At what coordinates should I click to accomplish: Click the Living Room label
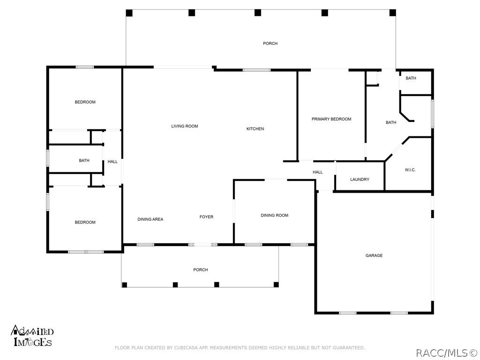click(184, 126)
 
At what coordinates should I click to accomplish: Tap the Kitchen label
click(255, 129)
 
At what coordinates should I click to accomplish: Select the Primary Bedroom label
click(331, 119)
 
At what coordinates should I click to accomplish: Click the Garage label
click(374, 255)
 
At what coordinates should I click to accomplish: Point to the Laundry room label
click(360, 180)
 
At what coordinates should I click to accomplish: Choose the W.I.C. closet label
click(410, 170)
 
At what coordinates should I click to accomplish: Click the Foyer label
click(206, 217)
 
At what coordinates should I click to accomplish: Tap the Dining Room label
click(274, 216)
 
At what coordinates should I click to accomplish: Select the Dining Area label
click(150, 219)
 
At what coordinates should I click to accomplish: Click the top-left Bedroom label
click(85, 102)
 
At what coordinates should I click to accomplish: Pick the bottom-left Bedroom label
click(85, 222)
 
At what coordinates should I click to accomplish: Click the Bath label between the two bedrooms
click(84, 161)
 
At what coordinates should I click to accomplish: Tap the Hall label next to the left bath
click(112, 162)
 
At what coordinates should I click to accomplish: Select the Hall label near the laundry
click(317, 172)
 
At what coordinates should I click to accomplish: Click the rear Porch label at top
click(270, 44)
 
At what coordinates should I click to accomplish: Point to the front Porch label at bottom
click(200, 270)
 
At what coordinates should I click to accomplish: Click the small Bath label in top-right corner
click(411, 78)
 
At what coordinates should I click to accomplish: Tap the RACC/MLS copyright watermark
click(446, 351)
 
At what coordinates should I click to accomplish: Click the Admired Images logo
click(32, 336)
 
